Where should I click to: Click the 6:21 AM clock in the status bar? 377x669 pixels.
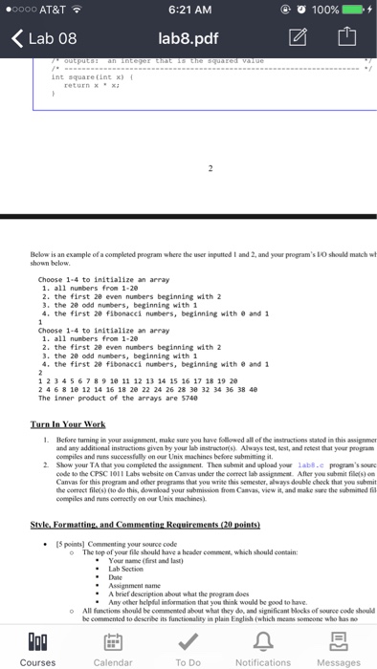tap(188, 11)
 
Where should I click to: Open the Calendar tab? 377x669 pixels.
tap(112, 660)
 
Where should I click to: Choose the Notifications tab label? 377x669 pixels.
tap(263, 660)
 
